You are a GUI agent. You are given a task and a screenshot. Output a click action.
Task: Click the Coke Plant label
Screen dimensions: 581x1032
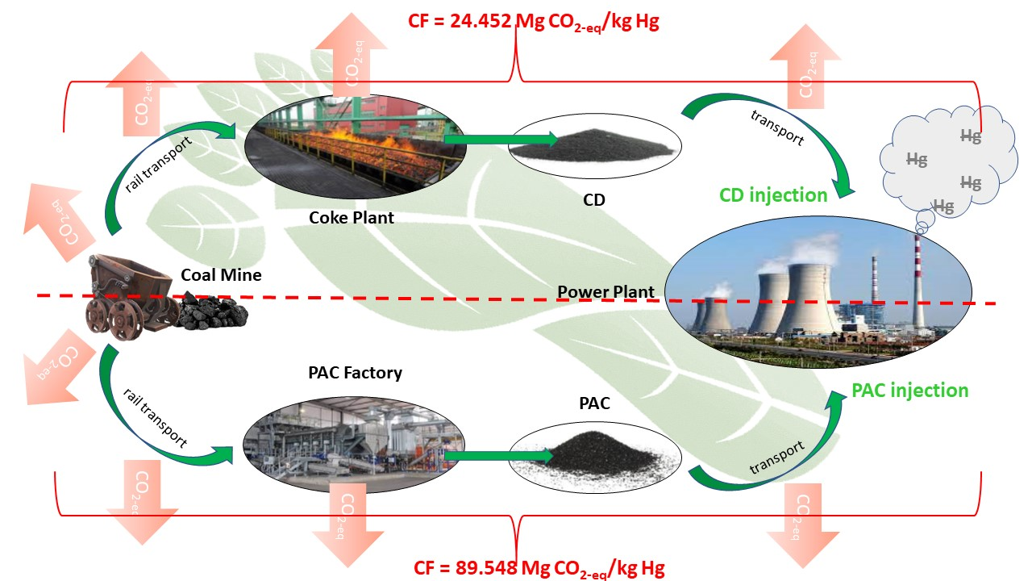click(x=352, y=217)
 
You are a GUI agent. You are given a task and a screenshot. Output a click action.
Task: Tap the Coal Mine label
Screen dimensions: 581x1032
click(x=221, y=275)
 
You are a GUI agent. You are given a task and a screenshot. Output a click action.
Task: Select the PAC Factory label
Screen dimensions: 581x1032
click(x=355, y=373)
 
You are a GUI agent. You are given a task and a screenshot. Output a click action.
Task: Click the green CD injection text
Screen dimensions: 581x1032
click(x=773, y=195)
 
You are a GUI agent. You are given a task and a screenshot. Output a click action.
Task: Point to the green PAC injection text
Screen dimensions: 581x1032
click(x=909, y=391)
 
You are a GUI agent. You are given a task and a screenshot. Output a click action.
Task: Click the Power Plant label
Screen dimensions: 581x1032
click(x=605, y=291)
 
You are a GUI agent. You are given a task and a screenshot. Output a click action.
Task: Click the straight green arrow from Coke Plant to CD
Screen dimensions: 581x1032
click(x=500, y=140)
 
